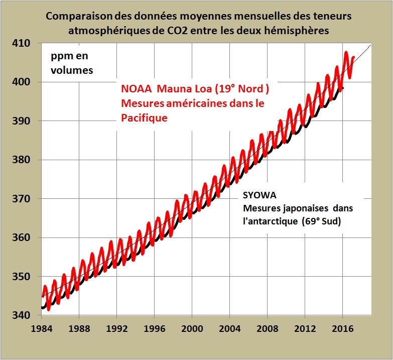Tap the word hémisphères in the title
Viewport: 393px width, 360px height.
[298, 31]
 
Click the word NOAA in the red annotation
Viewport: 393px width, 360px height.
[137, 89]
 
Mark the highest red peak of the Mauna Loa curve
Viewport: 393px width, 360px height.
[346, 52]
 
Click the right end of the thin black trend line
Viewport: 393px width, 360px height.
[371, 45]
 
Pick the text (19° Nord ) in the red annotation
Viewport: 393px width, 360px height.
[240, 89]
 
